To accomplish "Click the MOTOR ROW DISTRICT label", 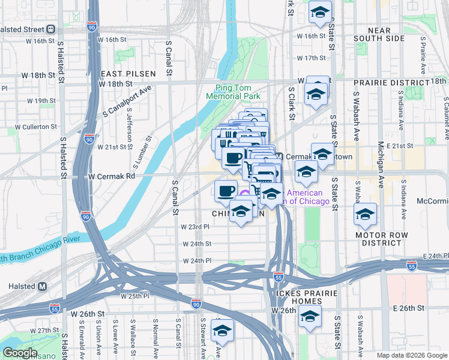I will tap(386, 239).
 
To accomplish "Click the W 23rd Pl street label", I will tap(195, 227).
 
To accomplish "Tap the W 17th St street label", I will tap(311, 58).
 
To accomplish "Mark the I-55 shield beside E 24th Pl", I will tap(411, 265).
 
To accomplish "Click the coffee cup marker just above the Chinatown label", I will tap(226, 191).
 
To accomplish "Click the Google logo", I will tap(20, 353).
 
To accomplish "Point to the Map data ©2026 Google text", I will tap(412, 355).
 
